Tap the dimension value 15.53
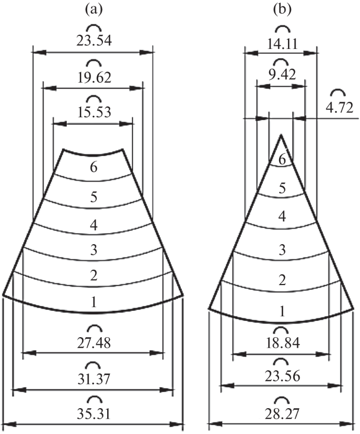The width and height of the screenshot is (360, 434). click(94, 111)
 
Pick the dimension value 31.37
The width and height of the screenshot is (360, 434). click(94, 377)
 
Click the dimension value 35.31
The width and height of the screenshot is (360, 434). click(94, 411)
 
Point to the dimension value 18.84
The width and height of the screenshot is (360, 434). click(281, 343)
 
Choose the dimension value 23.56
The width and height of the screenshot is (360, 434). click(281, 375)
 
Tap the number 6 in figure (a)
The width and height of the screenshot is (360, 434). click(94, 167)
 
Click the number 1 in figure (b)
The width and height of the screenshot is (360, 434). click(282, 311)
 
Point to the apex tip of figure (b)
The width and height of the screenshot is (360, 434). click(281, 135)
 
